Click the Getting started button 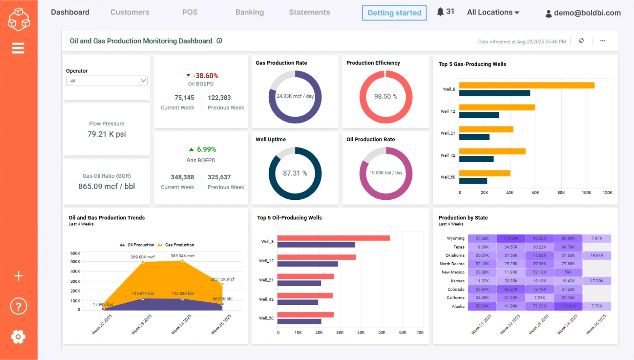(394, 13)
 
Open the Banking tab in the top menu (249, 12)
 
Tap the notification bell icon (440, 12)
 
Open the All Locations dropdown (493, 12)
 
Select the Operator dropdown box (107, 81)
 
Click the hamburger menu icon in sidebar (18, 48)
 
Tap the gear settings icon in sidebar (18, 337)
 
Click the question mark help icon (18, 306)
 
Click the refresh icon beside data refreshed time (581, 41)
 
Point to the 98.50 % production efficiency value (386, 97)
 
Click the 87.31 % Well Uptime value (295, 173)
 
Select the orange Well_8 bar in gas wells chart (526, 85)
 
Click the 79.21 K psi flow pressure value (107, 134)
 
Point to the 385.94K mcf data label (182, 256)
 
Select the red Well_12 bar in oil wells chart (316, 257)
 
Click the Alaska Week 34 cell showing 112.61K (568, 306)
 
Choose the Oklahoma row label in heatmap (455, 255)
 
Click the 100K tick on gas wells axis (586, 193)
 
